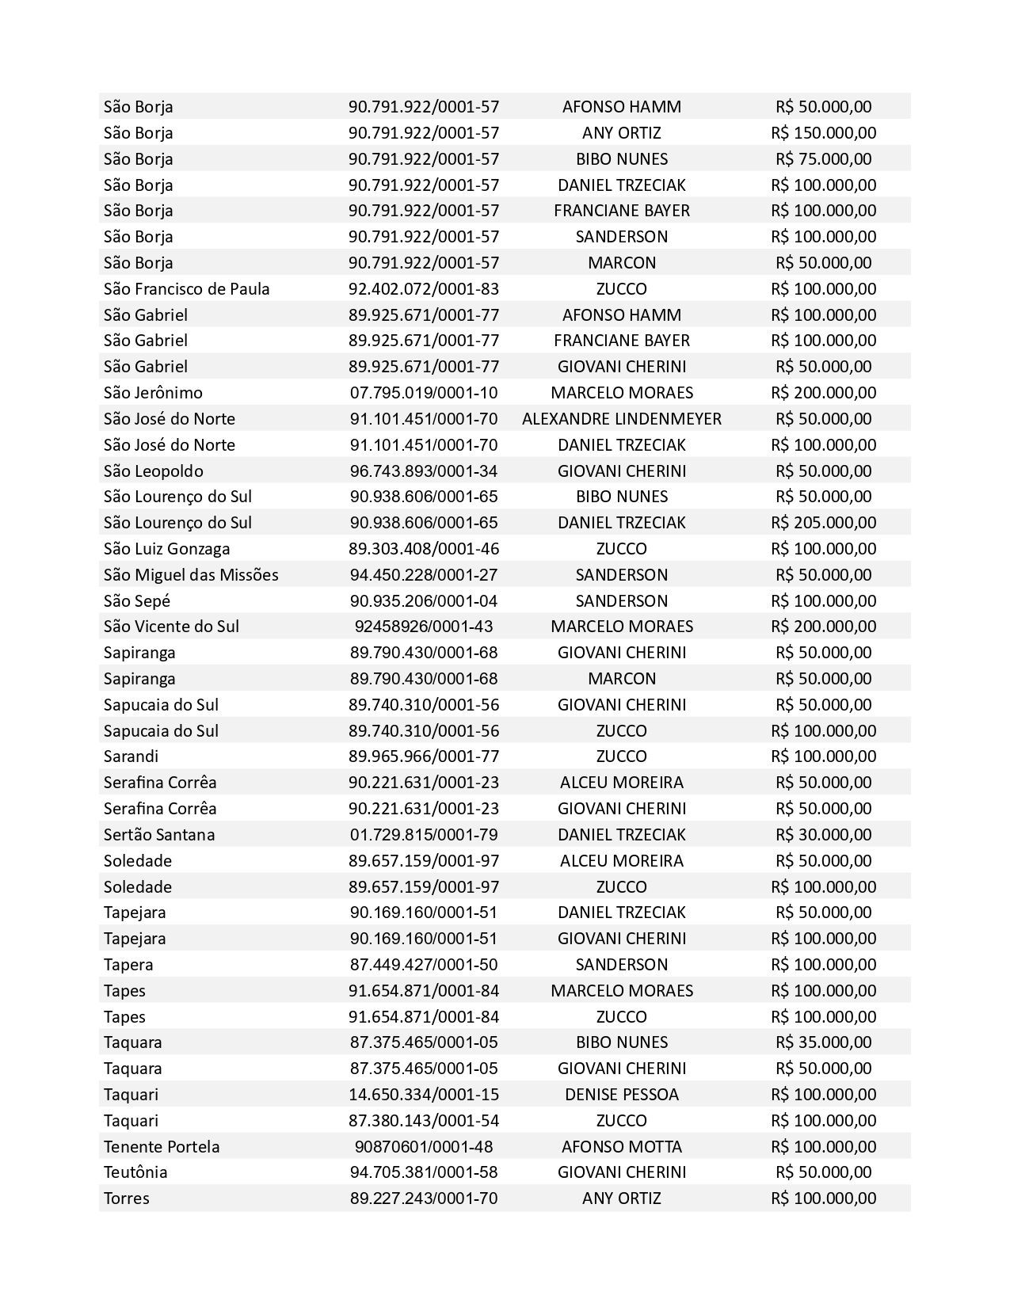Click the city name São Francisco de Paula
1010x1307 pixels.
click(x=186, y=288)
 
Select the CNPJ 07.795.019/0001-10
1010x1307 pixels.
click(x=424, y=392)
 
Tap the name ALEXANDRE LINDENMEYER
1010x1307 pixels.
click(x=621, y=418)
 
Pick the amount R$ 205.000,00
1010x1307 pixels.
click(x=823, y=522)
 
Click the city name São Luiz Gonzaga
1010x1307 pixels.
click(x=166, y=548)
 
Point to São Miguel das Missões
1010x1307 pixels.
click(x=191, y=574)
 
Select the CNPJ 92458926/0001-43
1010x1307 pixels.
click(x=424, y=626)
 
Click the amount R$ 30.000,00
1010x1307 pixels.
click(x=823, y=834)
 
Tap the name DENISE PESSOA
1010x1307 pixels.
click(x=621, y=1094)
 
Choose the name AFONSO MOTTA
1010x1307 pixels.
click(x=621, y=1146)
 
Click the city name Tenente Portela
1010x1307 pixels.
click(x=162, y=1146)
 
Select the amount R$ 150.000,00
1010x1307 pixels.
click(x=823, y=132)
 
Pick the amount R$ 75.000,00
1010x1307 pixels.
click(x=823, y=158)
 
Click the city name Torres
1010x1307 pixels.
click(x=126, y=1198)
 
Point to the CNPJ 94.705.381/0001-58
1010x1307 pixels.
click(x=424, y=1172)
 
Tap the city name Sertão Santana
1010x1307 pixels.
click(x=159, y=834)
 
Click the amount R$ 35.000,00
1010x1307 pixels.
click(x=823, y=1042)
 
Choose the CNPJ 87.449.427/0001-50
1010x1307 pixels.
click(x=424, y=964)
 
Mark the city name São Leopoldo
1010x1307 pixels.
click(x=153, y=471)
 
